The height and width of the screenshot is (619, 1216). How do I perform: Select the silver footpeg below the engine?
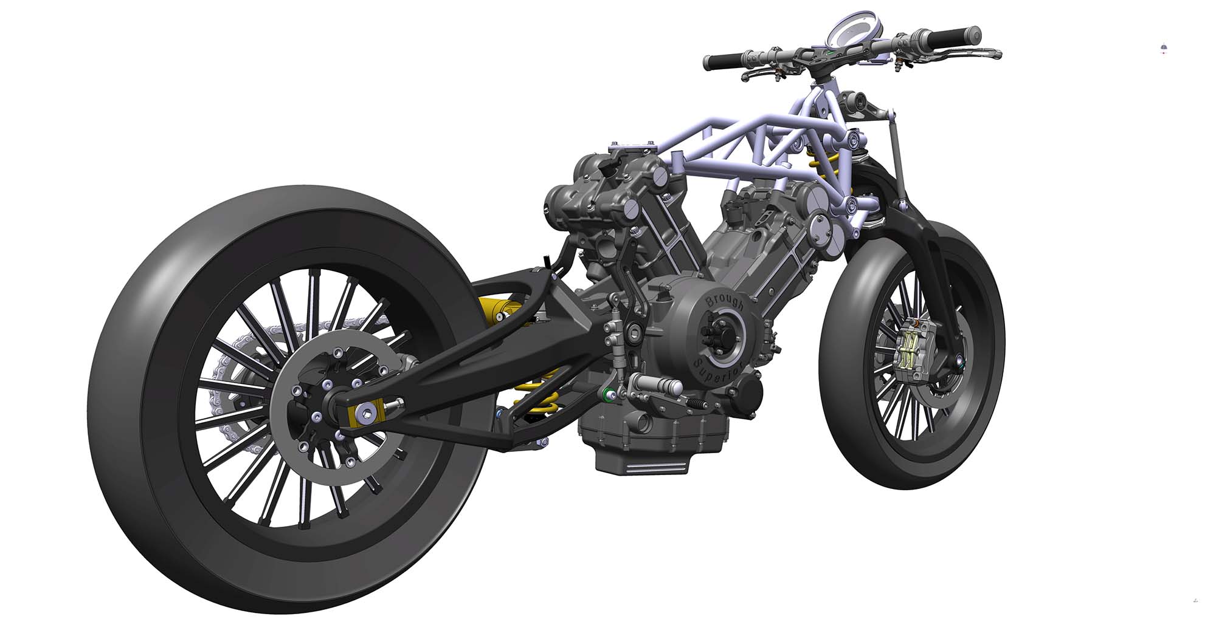click(x=659, y=384)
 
